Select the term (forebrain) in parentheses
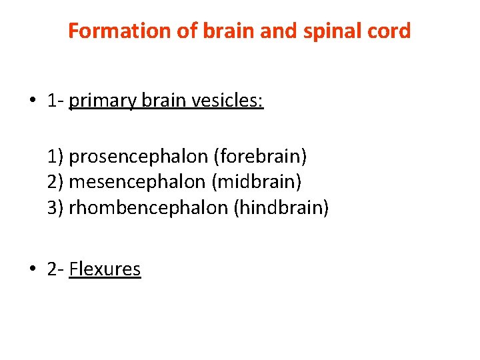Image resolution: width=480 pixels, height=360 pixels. coord(261,157)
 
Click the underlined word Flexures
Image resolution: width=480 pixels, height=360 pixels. coord(105,269)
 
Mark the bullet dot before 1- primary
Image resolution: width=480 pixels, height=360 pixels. coord(32,102)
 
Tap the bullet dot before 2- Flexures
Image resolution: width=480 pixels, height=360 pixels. coord(32,270)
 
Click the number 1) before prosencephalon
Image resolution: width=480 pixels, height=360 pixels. coord(55,157)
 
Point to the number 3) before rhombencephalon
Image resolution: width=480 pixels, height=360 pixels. coord(55,207)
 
